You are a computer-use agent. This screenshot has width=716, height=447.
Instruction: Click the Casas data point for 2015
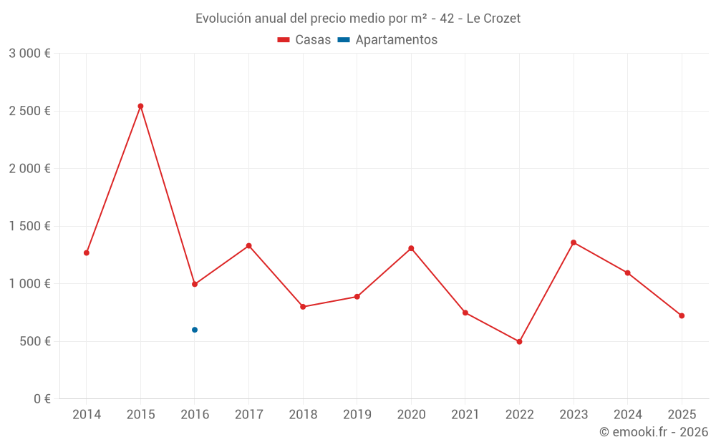[x=140, y=106]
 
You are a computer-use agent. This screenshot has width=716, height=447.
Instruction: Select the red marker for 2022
[x=519, y=342]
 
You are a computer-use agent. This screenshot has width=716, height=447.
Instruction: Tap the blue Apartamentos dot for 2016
[x=195, y=330]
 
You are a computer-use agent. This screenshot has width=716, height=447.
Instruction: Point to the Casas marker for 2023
[x=574, y=242]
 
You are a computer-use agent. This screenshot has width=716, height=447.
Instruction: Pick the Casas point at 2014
[x=87, y=252]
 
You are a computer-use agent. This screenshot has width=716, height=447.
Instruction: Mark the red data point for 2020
[x=411, y=248]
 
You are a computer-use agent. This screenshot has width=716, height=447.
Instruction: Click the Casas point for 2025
[x=682, y=315]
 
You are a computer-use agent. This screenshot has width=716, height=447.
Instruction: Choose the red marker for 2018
[x=303, y=307]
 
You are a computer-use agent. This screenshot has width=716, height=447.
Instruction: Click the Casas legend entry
[x=304, y=40]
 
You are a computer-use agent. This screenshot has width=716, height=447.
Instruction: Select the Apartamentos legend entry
[x=387, y=40]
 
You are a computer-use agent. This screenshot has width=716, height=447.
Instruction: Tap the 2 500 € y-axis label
[x=29, y=111]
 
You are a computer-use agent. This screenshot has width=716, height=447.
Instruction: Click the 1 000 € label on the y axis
[x=29, y=284]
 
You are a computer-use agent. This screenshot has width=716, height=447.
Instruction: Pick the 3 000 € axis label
[x=29, y=54]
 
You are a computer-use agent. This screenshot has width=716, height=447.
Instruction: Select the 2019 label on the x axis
[x=357, y=415]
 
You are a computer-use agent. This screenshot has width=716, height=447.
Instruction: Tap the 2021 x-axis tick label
[x=465, y=415]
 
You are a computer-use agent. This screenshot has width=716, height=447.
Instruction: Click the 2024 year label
[x=627, y=415]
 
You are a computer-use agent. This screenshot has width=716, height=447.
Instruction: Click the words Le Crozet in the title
[x=493, y=19]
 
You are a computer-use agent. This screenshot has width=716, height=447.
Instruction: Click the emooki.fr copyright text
[x=654, y=432]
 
